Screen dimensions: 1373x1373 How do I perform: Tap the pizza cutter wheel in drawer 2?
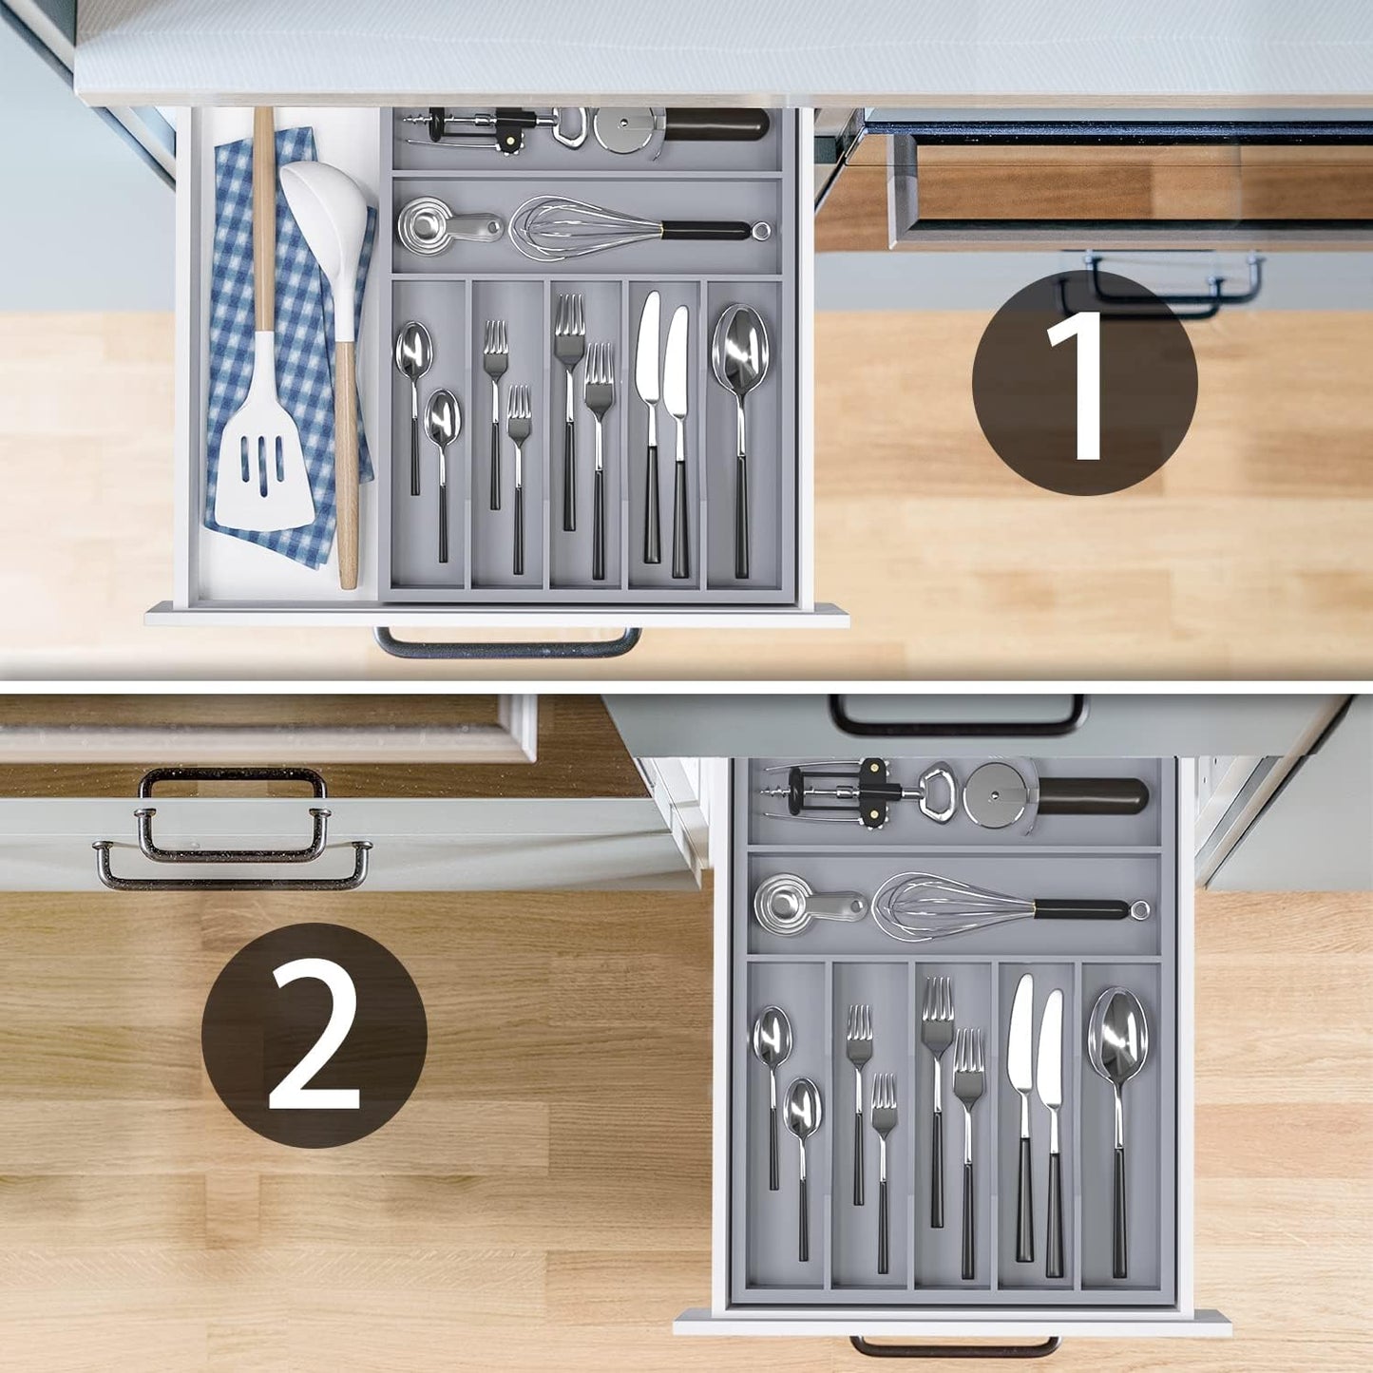998,793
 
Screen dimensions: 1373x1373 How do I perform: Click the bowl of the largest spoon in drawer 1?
740,347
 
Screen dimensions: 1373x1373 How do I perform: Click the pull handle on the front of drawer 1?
507,645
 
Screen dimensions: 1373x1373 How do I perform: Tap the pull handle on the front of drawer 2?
955,1347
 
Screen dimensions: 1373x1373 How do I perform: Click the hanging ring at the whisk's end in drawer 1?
760,230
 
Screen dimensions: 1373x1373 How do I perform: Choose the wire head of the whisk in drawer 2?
950,907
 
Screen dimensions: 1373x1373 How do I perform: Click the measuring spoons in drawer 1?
428,225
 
